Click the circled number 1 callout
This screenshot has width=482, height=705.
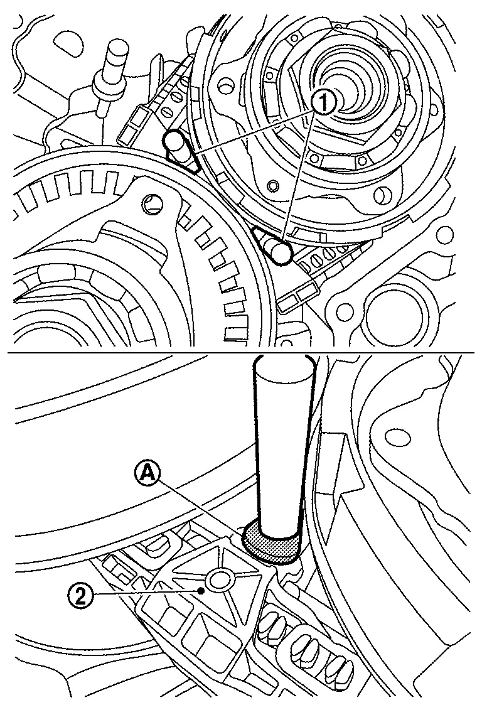coord(323,104)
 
